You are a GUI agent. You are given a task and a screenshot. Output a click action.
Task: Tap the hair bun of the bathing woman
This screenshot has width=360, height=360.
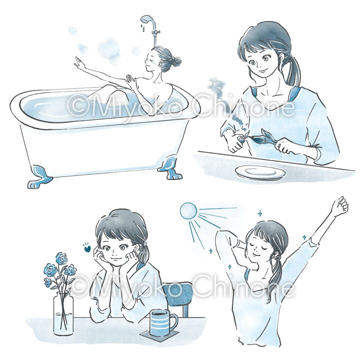coord(175,61)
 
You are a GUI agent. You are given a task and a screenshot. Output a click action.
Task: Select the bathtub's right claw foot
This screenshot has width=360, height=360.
coord(170,166)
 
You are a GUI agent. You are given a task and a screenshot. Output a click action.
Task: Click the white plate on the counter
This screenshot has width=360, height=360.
coord(260,172)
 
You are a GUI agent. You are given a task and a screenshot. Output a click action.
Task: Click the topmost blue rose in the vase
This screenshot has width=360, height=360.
coord(61,258)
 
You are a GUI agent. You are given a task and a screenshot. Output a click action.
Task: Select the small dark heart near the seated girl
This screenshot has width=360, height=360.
coord(87,248)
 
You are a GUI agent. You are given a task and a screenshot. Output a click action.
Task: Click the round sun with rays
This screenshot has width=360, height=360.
coord(188,211)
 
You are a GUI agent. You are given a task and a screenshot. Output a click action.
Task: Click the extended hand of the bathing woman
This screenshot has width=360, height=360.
coord(79,62)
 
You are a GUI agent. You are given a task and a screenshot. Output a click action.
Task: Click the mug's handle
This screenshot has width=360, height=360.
coord(174,322)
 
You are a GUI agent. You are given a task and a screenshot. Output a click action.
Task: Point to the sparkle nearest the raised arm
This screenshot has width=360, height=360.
coord(304,237)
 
